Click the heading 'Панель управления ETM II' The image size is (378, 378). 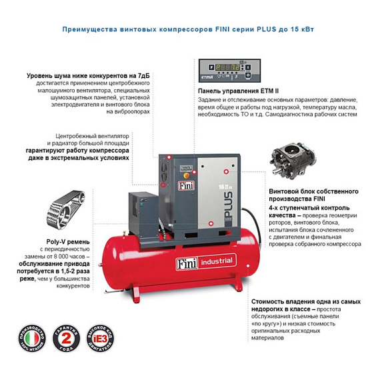click(237, 91)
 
